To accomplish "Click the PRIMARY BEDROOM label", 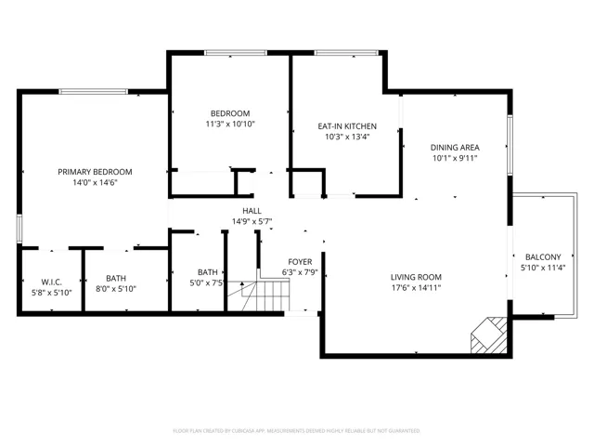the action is point(95,172).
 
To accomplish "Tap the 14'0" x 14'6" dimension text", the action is point(95,182).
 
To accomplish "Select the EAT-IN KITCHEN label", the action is point(347,126).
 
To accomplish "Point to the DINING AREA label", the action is point(455,148).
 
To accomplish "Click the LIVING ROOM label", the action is point(416,277).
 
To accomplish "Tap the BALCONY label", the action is point(543,257).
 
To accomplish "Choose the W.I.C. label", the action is point(51,282).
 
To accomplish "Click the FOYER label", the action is point(300,262).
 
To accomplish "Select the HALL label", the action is point(252,211).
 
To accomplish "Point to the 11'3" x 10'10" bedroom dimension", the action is point(230,124).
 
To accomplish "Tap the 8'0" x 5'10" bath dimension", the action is point(116,289).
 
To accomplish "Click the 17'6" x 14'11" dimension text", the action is point(416,288).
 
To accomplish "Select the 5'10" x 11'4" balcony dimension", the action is point(543,268).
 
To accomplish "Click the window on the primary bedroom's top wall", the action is point(93,91).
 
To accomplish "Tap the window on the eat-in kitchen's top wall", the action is point(346,53).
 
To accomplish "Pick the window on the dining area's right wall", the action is point(510,145).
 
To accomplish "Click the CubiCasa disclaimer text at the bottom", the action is point(296,431).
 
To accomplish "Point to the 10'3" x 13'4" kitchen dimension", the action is point(347,137).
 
